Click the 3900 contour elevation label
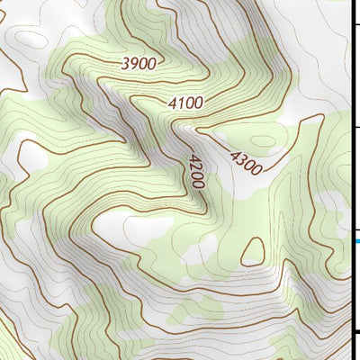point(139,63)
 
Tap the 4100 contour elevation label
point(185,103)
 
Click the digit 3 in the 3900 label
point(125,62)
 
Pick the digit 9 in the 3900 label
point(134,63)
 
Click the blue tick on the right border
point(356,240)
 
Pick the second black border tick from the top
point(355,127)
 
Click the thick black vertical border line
point(352,180)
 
